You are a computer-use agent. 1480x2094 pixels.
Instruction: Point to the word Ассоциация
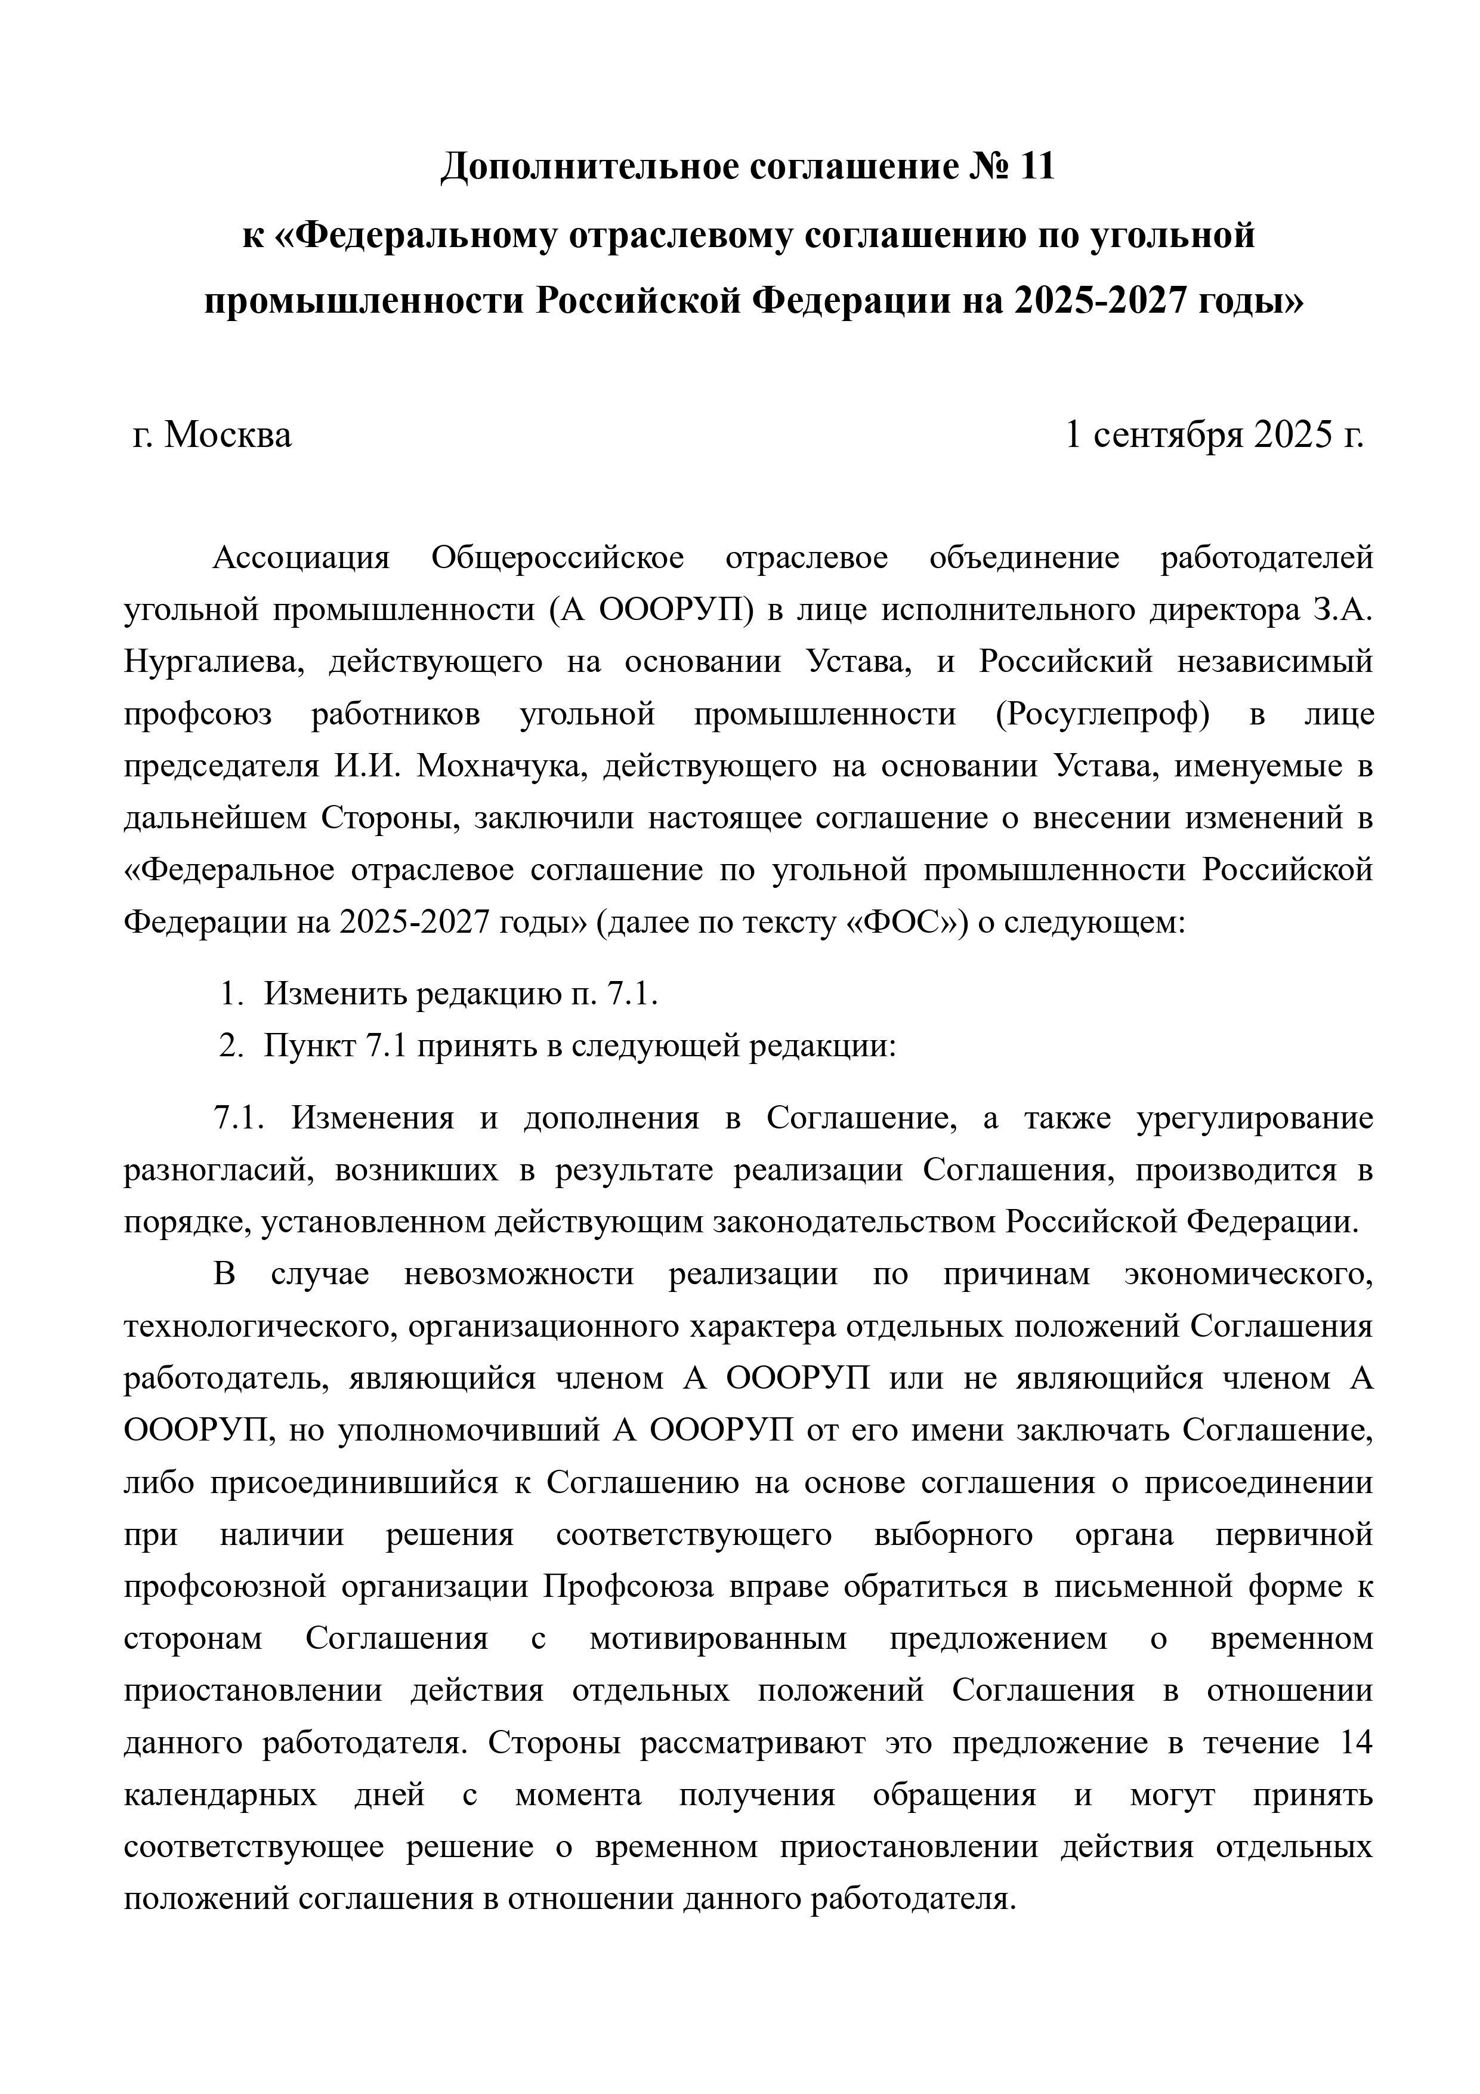click(x=301, y=557)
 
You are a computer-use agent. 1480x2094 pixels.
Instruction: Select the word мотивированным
click(x=719, y=1640)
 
